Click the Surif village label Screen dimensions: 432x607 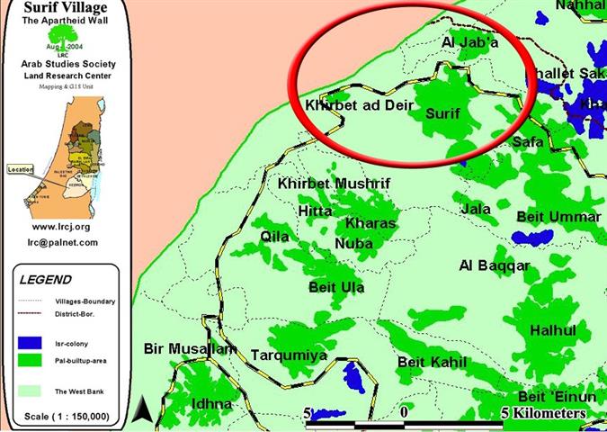click(442, 114)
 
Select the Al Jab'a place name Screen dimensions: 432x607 click(470, 41)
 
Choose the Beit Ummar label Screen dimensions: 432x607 click(558, 217)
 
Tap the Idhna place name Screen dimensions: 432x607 click(211, 404)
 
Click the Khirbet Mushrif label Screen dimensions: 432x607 click(335, 184)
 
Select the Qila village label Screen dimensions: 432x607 click(275, 236)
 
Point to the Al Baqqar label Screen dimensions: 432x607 click(494, 265)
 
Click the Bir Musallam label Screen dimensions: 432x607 click(189, 348)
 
